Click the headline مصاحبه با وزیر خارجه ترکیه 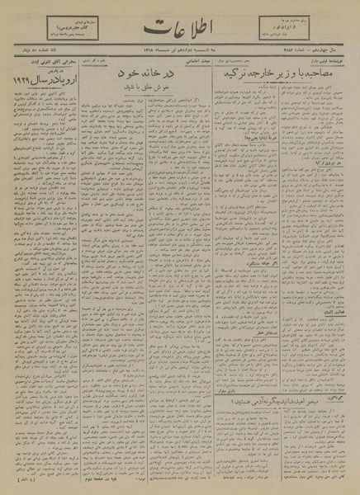(282, 72)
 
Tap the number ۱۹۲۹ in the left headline (28, 80)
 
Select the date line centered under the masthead (180, 54)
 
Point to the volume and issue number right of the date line (322, 54)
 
